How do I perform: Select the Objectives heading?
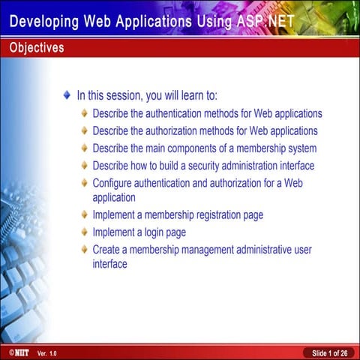(37, 48)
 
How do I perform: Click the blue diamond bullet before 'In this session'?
(67, 96)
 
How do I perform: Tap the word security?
(203, 166)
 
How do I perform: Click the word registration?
(211, 215)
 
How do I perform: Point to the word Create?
(106, 249)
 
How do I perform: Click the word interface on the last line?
(110, 264)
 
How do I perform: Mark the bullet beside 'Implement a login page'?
(84, 232)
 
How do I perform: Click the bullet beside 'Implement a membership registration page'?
(84, 215)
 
